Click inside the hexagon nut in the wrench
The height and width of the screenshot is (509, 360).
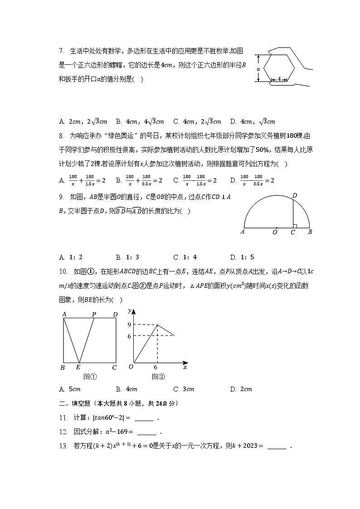click(x=279, y=67)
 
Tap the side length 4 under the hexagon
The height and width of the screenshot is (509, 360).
click(x=280, y=79)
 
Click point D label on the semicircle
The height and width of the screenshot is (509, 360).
click(x=295, y=195)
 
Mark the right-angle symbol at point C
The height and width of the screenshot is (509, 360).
click(x=295, y=225)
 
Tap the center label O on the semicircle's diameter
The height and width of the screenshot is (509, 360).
click(x=275, y=232)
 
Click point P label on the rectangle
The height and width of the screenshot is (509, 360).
click(x=94, y=314)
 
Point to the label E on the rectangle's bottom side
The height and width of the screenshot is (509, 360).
click(x=78, y=368)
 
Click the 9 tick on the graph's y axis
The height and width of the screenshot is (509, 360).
click(x=129, y=325)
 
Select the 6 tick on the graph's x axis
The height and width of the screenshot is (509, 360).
click(x=156, y=368)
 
